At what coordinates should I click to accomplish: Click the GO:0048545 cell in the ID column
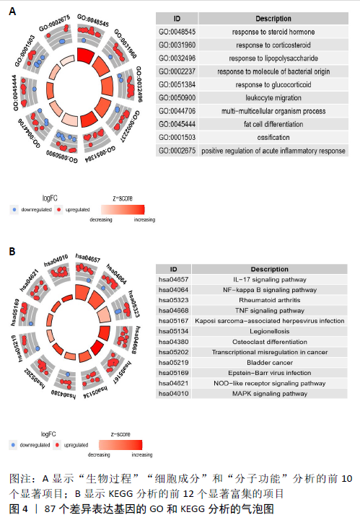[177, 32]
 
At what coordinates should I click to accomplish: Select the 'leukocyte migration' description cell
[273, 98]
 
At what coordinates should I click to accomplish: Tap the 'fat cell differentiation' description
[273, 124]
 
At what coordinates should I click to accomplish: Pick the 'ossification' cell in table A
[273, 137]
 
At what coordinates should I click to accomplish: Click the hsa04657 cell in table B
[174, 280]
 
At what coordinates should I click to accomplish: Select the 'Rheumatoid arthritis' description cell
[269, 300]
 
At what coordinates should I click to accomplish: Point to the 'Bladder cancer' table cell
[269, 363]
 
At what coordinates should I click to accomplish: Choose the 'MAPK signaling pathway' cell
[269, 394]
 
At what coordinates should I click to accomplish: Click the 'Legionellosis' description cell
[269, 331]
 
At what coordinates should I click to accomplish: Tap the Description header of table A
[273, 19]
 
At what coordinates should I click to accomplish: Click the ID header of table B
[174, 269]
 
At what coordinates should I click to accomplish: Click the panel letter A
[12, 12]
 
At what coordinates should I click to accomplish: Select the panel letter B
[12, 252]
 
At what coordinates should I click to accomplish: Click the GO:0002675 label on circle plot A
[55, 23]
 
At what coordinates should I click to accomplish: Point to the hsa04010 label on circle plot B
[56, 260]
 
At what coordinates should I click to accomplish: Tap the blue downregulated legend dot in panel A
[14, 210]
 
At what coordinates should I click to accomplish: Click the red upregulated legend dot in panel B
[57, 445]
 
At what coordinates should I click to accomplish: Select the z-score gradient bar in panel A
[123, 210]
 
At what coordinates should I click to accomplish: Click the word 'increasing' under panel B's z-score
[142, 454]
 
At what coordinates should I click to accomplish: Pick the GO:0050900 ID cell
[177, 98]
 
